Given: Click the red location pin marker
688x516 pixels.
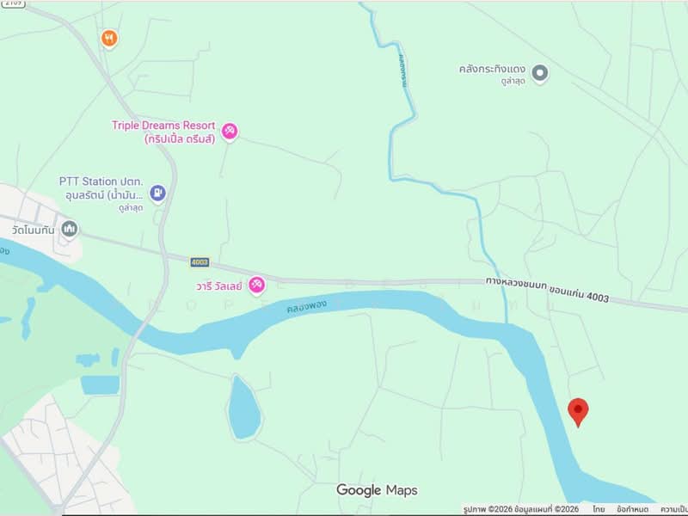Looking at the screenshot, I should click(578, 411).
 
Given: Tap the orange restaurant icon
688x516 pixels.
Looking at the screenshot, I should click(109, 38).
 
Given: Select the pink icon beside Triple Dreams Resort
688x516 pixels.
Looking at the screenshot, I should click(230, 132).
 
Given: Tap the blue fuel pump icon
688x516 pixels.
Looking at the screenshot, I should click(157, 193).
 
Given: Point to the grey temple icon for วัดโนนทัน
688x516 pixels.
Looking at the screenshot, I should click(70, 229).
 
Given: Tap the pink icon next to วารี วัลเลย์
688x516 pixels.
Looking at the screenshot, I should click(256, 285).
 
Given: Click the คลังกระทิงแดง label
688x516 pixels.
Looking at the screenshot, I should click(491, 68).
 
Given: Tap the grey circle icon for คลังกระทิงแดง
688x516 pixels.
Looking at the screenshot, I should click(540, 73).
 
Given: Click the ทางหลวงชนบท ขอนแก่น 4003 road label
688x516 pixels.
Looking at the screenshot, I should click(547, 288).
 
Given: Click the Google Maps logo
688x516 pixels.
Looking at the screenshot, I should click(377, 490).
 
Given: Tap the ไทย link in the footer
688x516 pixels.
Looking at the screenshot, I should click(598, 509).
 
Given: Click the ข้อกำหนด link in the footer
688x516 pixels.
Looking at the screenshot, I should click(633, 509).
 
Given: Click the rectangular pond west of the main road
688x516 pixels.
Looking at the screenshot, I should click(101, 384).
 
